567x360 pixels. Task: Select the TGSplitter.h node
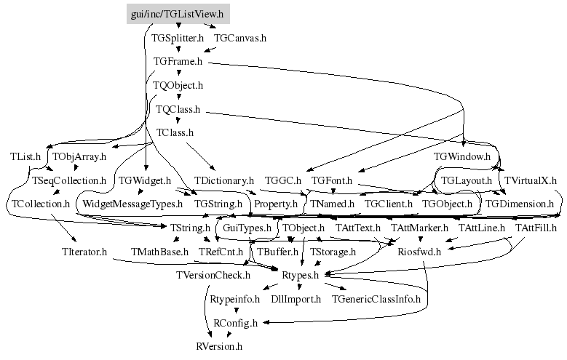click(x=178, y=36)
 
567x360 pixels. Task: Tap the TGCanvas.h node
click(x=240, y=36)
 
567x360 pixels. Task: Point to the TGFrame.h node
click(x=178, y=62)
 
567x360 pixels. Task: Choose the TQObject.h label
click(x=178, y=86)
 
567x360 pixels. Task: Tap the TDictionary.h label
click(x=223, y=180)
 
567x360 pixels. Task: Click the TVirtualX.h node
click(x=531, y=180)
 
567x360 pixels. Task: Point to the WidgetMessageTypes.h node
click(x=132, y=204)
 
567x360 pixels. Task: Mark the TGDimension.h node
click(x=520, y=204)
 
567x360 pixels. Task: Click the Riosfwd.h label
click(x=420, y=252)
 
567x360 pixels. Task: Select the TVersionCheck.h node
click(x=213, y=275)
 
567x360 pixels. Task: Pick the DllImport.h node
click(x=296, y=299)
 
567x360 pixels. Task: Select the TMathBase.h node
click(x=159, y=252)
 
